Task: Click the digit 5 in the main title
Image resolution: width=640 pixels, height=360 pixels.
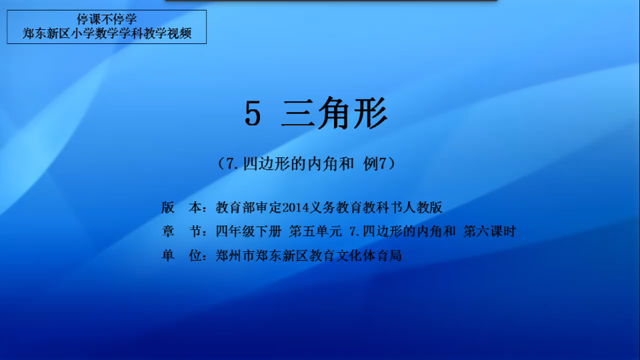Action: coord(253,114)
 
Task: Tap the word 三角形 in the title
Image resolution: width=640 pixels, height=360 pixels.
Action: coord(334,113)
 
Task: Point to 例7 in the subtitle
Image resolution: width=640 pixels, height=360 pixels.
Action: coord(375,164)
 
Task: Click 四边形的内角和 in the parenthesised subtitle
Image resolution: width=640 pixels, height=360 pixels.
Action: coord(299,164)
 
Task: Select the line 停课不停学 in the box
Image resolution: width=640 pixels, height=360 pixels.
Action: coord(107,19)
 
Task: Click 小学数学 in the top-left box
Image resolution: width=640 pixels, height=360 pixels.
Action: coord(95,33)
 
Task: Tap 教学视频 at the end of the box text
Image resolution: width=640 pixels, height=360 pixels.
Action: coord(167,33)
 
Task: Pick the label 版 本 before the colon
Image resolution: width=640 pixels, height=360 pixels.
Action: coord(181,207)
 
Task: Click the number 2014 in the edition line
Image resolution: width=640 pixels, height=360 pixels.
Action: coord(296,208)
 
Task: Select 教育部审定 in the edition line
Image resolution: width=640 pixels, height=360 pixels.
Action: coord(249,207)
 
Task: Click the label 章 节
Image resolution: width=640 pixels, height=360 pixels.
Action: coord(181,231)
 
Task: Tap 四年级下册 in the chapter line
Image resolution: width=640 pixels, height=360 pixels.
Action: coord(249,231)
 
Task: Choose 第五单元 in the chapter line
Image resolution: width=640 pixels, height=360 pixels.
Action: coord(315,231)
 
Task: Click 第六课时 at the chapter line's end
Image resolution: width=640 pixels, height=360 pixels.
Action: coord(489,231)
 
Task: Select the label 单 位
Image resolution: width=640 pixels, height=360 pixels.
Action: coord(181,255)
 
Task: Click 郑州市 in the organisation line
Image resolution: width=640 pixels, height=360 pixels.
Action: coord(235,255)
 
